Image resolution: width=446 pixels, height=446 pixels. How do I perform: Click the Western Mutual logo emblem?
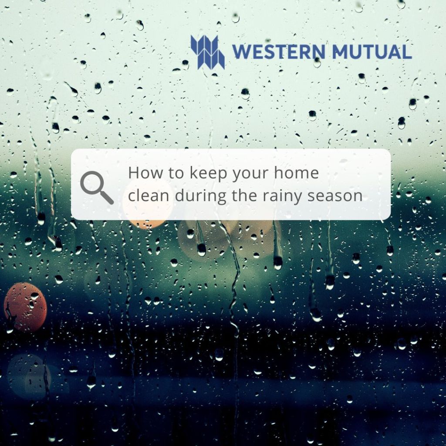[208, 52]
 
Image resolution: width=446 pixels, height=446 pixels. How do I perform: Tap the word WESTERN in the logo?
[279, 52]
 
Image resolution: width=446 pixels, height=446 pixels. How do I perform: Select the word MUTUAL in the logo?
[372, 52]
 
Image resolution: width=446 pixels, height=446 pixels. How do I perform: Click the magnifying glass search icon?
[97, 187]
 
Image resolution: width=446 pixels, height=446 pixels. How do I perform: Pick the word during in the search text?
[201, 197]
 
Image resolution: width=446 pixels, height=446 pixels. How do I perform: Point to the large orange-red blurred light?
[25, 307]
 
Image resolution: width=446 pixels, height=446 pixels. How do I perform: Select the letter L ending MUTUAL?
[407, 52]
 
